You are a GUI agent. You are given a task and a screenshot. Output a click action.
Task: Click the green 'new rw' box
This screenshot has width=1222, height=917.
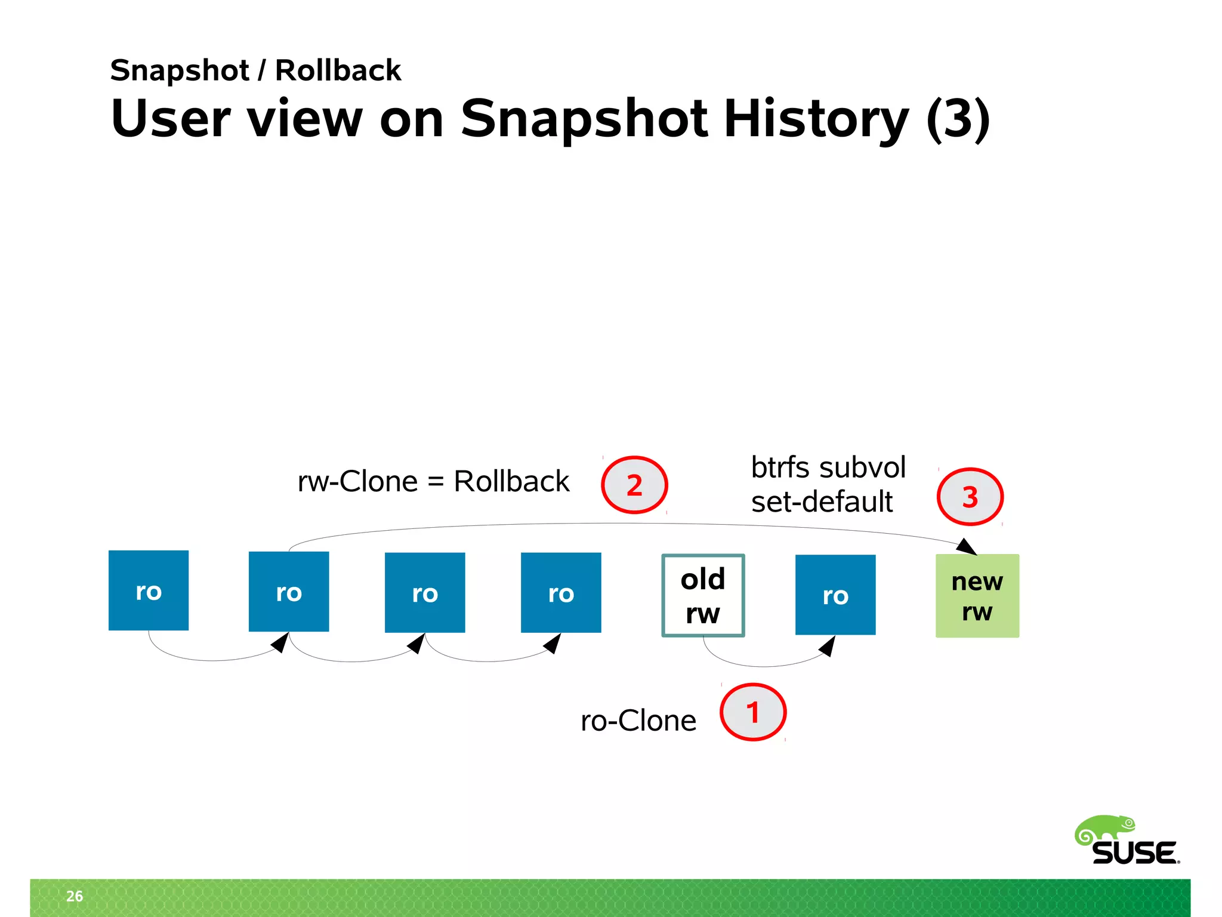[977, 595]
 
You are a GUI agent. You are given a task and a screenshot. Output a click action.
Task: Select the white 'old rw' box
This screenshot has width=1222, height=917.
[703, 595]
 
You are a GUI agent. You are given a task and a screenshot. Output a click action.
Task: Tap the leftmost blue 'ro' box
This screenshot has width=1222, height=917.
[149, 590]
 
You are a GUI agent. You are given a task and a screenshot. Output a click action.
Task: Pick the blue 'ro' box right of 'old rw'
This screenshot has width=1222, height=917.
[835, 595]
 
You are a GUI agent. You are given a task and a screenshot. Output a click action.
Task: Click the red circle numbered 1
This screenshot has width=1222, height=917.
[753, 712]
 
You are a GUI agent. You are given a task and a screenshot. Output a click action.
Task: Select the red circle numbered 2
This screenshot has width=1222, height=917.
[634, 485]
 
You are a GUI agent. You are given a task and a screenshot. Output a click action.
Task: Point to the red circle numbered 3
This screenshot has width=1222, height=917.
[970, 497]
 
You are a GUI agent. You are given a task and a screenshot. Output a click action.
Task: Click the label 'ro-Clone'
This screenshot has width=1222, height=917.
[638, 721]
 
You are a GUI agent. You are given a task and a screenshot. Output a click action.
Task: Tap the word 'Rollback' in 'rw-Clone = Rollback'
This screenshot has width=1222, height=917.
[511, 481]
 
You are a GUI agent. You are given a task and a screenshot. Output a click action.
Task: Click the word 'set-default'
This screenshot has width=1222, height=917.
[822, 501]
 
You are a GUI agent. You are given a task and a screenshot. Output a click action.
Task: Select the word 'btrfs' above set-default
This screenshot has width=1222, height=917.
[779, 467]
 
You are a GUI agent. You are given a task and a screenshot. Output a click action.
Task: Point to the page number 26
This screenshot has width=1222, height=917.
[75, 896]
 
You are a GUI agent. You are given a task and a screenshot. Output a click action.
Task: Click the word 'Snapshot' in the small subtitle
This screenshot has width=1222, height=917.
[180, 70]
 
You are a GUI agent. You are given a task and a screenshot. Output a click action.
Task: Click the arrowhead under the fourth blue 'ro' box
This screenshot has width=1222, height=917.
[553, 643]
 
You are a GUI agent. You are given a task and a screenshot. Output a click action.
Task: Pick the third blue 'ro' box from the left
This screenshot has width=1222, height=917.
[425, 592]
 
